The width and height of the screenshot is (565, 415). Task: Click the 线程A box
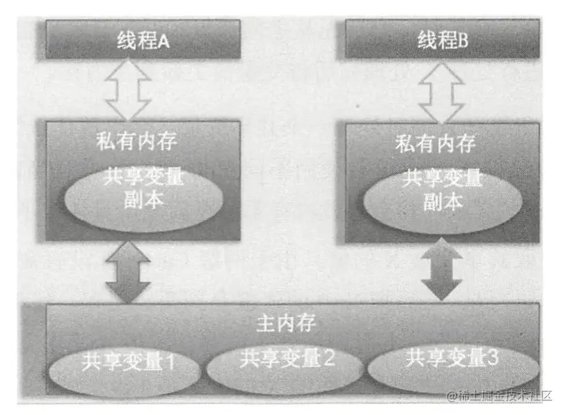point(143,39)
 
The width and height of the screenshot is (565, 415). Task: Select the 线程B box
point(442,39)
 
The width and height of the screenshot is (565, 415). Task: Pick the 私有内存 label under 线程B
point(436,144)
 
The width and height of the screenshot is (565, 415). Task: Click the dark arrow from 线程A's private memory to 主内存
point(129,272)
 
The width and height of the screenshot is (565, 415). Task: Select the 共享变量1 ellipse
point(127,363)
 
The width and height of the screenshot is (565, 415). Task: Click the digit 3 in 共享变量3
point(491,359)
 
